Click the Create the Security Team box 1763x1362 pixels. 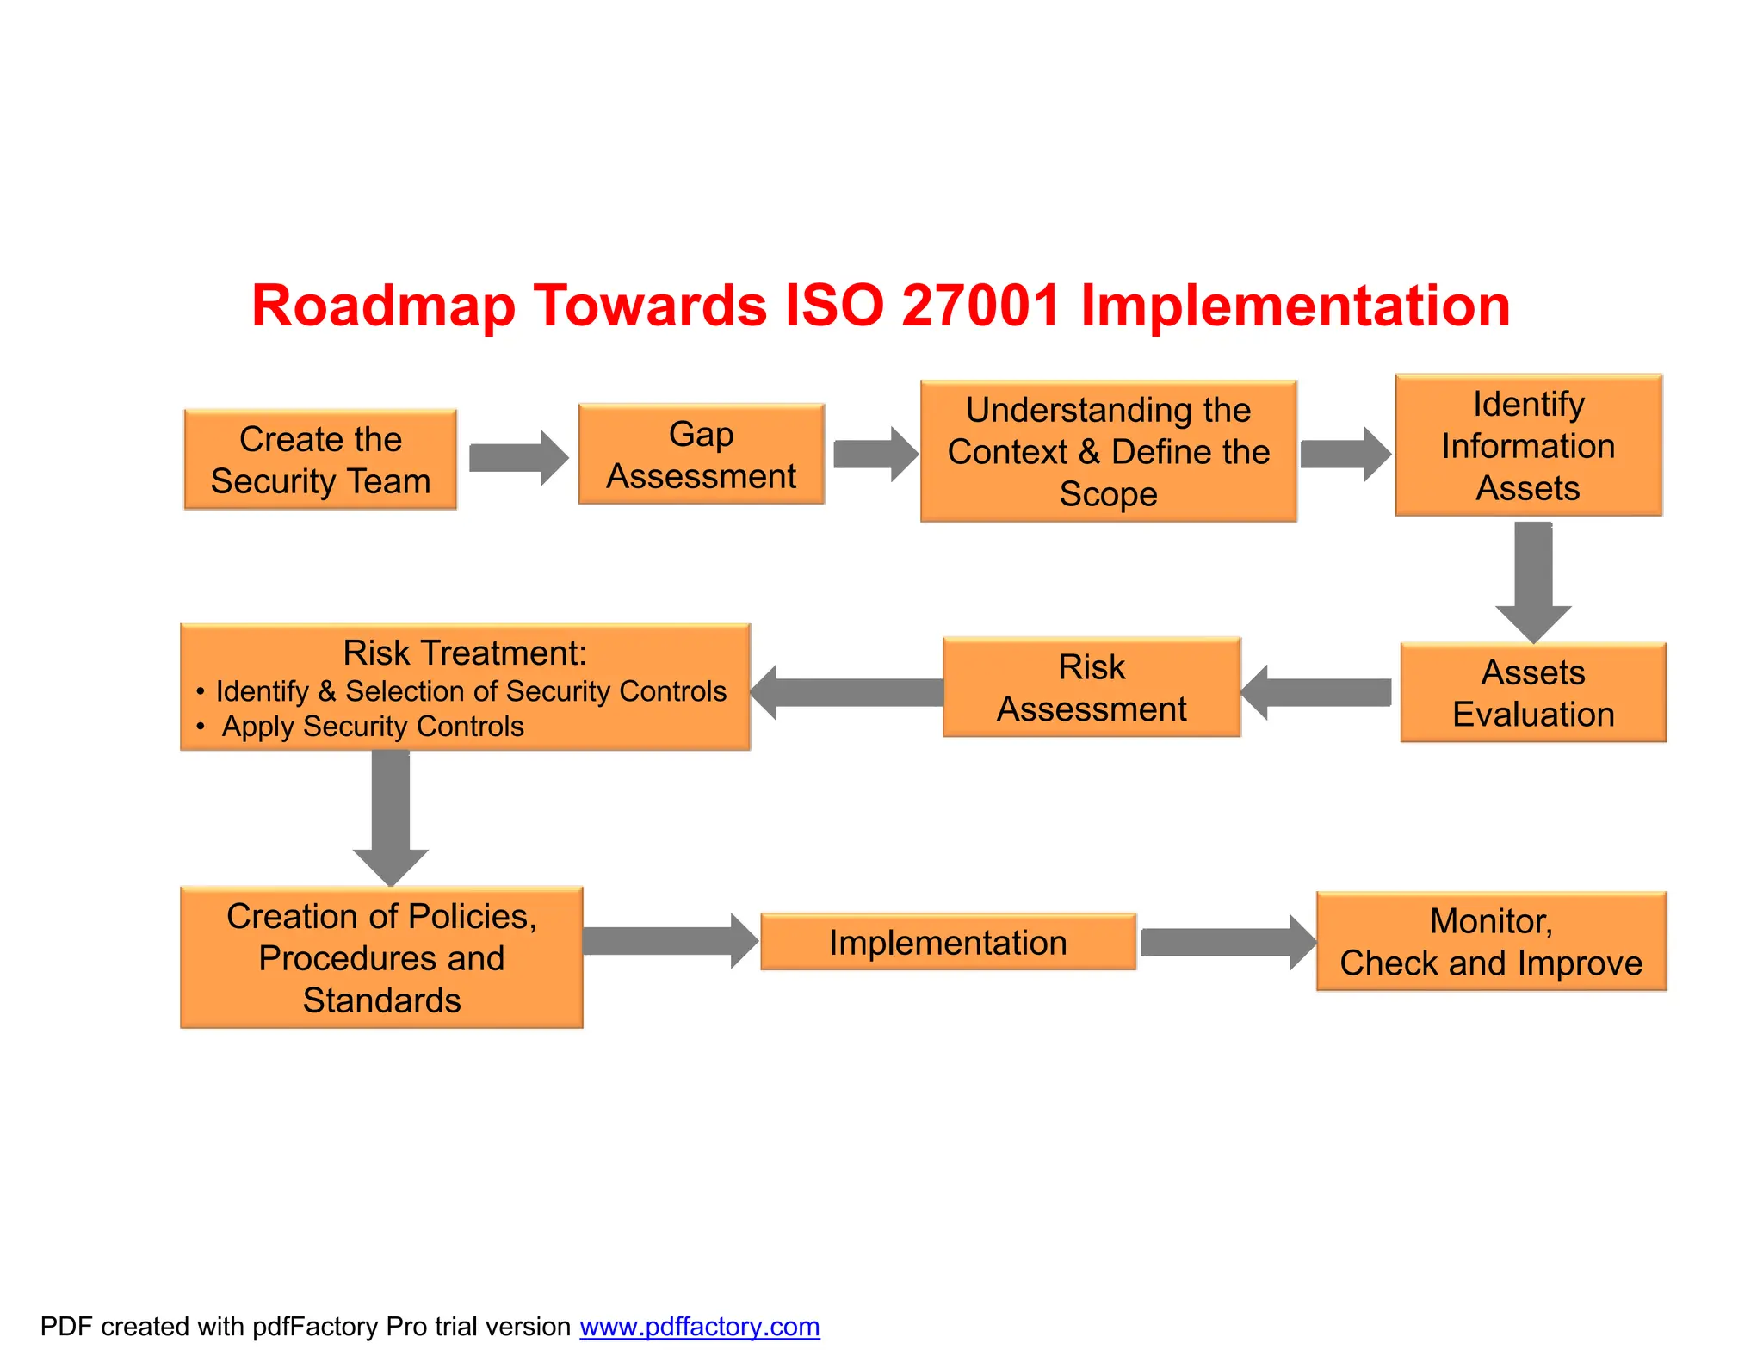pos(320,460)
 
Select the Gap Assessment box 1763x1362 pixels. pos(701,455)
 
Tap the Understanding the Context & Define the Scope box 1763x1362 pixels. pos(1108,451)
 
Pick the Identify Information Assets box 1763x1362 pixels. pos(1528,445)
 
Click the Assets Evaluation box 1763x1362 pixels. pos(1532,692)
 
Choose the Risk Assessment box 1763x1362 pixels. pos(1091,687)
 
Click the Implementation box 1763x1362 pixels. pos(948,942)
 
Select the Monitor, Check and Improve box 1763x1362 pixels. pos(1490,942)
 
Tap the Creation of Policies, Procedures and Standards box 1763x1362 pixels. pos(381,957)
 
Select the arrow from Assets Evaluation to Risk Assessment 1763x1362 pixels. pos(1317,692)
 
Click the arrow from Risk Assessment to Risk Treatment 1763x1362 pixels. pos(847,692)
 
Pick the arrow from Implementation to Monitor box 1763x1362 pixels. pos(1228,943)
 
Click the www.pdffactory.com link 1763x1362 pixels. pos(699,1327)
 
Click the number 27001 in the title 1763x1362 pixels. pos(980,306)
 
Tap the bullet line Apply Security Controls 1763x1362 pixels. pos(372,727)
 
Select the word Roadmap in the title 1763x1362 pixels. pos(383,306)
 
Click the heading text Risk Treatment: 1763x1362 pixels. pos(465,653)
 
